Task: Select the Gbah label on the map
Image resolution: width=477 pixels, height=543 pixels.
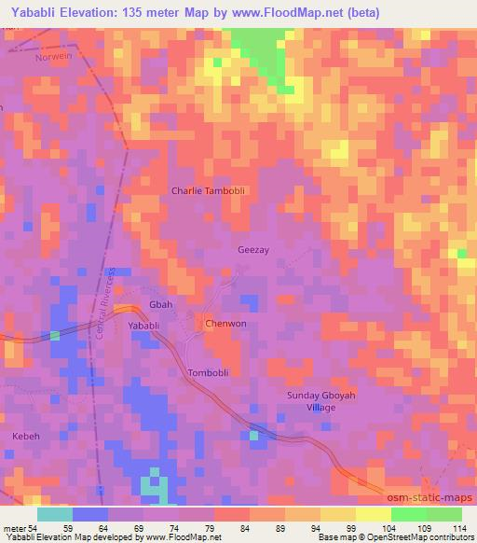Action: [x=161, y=306]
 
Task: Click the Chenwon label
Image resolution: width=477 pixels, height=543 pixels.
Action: [x=225, y=324]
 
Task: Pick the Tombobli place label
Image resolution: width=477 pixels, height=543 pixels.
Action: [x=209, y=372]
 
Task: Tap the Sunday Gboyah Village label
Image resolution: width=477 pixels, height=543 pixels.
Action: [x=314, y=402]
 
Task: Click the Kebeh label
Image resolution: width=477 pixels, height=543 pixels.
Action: [x=27, y=436]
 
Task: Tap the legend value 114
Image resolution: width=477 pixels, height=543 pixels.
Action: [x=461, y=527]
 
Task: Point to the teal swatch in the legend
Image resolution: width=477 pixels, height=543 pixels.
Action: [x=54, y=514]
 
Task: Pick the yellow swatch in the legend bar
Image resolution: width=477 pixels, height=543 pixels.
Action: [x=373, y=514]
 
